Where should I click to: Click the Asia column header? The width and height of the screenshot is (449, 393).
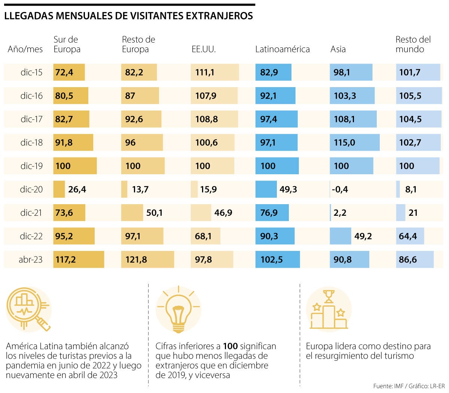point(338,49)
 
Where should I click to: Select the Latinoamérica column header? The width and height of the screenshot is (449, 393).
point(282,49)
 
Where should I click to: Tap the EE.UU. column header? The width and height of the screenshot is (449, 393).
point(204,49)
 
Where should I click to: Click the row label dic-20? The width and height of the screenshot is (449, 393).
point(31,190)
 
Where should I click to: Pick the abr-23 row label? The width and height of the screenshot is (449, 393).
point(31,260)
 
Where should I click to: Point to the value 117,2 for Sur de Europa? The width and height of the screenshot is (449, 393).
point(65,260)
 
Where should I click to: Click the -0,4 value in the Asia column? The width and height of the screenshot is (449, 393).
point(340,190)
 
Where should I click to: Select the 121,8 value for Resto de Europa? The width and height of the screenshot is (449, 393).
point(136,260)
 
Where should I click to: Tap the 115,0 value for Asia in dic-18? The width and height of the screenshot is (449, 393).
point(344,143)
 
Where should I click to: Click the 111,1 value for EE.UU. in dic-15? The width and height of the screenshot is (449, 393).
point(205,73)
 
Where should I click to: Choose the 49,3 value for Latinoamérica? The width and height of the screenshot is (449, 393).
point(288,190)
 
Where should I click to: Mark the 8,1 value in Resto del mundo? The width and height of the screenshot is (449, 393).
point(411,190)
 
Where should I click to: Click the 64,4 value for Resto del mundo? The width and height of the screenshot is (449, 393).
point(408,236)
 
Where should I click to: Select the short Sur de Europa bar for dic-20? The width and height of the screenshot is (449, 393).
point(59,190)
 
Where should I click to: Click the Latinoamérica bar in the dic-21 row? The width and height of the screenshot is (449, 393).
point(272,213)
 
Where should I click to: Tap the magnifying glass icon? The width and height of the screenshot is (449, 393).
point(28,309)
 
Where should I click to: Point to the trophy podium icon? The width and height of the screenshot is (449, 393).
point(329,310)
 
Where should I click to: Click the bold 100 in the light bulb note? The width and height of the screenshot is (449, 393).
point(230,346)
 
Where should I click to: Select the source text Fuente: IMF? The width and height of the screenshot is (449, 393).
point(388,386)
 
